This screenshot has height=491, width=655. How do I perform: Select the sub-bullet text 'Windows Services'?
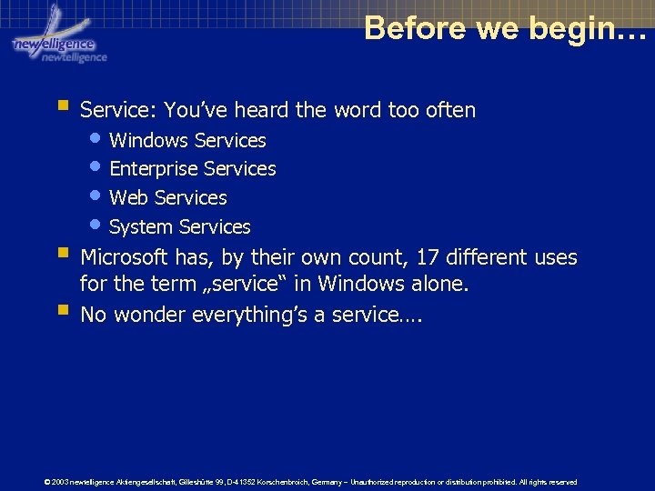(x=187, y=141)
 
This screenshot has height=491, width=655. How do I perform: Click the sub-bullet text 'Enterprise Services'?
(x=192, y=169)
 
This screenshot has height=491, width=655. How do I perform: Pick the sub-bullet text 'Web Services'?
(x=167, y=198)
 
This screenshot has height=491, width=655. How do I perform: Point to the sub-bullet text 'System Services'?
(x=179, y=227)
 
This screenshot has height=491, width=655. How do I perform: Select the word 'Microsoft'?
(x=124, y=258)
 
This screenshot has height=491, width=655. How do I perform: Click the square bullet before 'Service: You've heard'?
(x=62, y=107)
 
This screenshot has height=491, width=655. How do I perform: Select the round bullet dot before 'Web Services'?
(x=97, y=195)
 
